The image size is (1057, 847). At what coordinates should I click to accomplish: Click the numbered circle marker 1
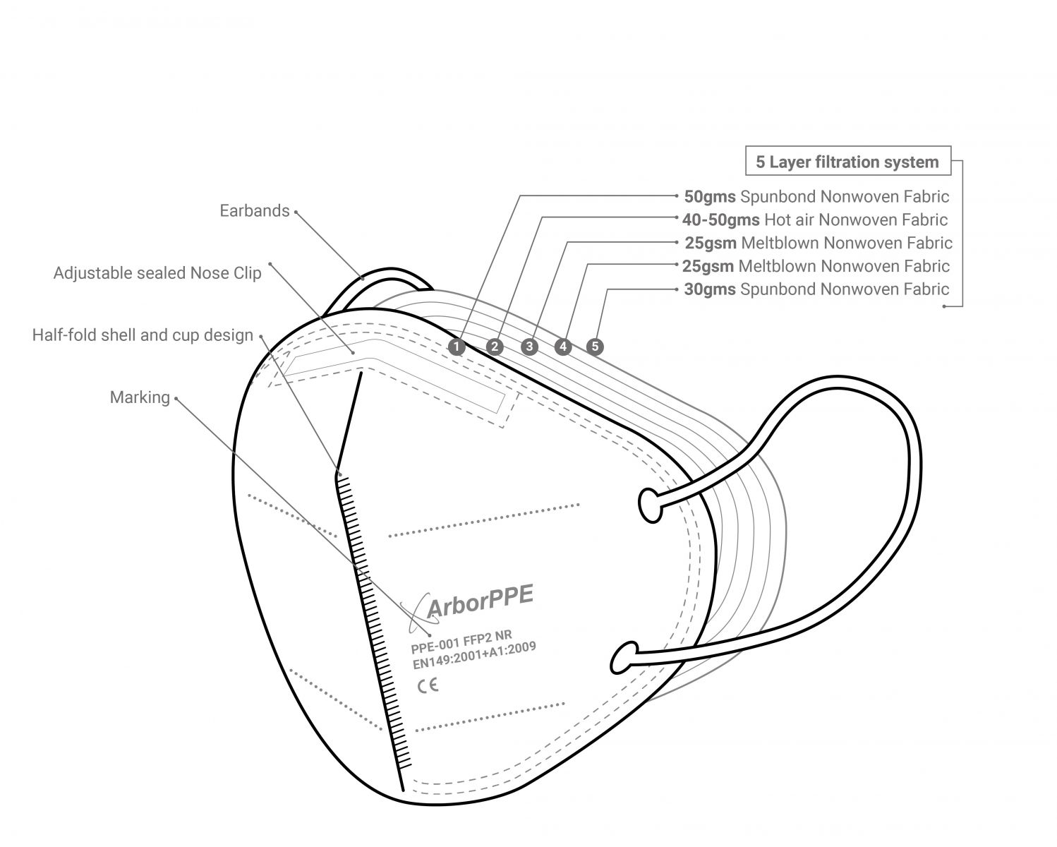[x=457, y=347]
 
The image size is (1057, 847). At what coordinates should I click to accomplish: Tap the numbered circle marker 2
[x=495, y=347]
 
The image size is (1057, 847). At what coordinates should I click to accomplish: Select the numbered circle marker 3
[x=530, y=347]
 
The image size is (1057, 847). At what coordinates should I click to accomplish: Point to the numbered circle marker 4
[x=562, y=347]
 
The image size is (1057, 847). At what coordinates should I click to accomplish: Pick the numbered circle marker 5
[x=596, y=347]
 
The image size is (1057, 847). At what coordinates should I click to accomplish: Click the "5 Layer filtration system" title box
[x=847, y=162]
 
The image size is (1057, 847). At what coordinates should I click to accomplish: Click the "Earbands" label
[x=254, y=210]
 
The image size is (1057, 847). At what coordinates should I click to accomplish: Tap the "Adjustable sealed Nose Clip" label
[x=157, y=273]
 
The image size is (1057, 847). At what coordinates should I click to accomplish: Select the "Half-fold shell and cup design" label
[x=143, y=335]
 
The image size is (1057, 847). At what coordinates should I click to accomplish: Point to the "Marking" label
[x=140, y=397]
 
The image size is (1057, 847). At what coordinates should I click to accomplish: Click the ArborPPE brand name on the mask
[x=480, y=601]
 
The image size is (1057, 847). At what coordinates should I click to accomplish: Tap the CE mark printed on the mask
[x=428, y=685]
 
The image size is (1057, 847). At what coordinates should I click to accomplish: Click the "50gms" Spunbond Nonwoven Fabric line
[x=816, y=196]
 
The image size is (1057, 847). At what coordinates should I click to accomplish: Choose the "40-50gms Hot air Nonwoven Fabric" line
[x=815, y=220]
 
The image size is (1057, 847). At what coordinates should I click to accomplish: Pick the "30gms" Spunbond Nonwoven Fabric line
[x=816, y=289]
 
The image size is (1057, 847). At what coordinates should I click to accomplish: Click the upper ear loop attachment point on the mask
[x=651, y=505]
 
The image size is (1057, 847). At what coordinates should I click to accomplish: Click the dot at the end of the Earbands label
[x=296, y=211]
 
